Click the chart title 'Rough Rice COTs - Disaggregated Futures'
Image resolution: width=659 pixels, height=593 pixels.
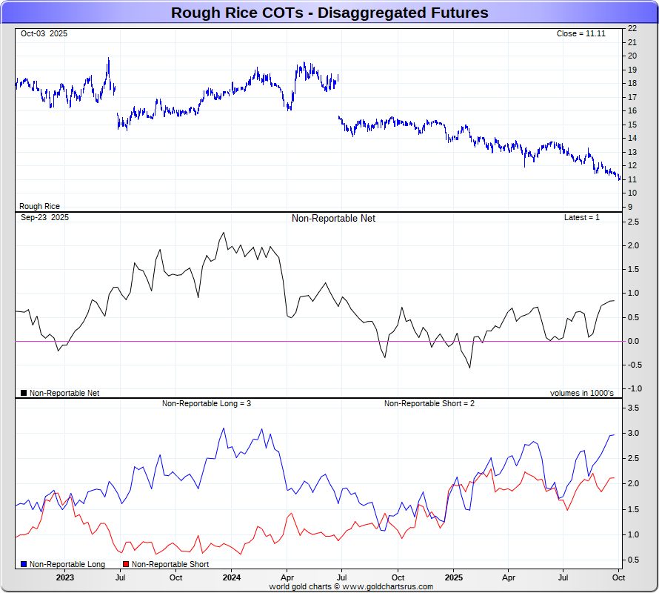click(x=329, y=13)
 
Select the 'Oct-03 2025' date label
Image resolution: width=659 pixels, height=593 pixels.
click(x=44, y=34)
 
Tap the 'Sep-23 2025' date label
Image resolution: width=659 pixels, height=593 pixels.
click(x=44, y=218)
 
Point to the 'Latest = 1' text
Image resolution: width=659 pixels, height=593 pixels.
click(x=582, y=218)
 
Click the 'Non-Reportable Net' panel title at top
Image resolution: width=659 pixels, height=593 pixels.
click(x=333, y=219)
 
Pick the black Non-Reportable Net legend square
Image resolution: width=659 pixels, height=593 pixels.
click(x=24, y=393)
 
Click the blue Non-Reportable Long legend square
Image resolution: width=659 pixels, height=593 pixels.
click(x=24, y=565)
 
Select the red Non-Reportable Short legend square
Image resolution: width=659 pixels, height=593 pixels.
click(x=126, y=565)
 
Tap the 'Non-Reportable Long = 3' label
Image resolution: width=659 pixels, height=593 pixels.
click(x=207, y=404)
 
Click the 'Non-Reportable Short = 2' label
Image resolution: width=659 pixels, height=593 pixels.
click(x=429, y=404)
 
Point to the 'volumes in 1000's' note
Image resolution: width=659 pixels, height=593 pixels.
click(x=581, y=393)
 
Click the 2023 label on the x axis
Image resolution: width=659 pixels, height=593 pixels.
click(x=64, y=577)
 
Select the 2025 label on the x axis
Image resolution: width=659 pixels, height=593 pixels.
click(x=454, y=577)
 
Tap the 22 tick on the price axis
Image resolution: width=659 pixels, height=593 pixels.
click(x=632, y=28)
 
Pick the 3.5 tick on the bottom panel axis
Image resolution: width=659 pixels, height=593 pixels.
click(x=632, y=408)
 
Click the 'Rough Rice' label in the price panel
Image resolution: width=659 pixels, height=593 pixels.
click(x=40, y=207)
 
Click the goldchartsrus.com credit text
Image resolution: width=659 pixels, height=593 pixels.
click(x=351, y=586)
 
